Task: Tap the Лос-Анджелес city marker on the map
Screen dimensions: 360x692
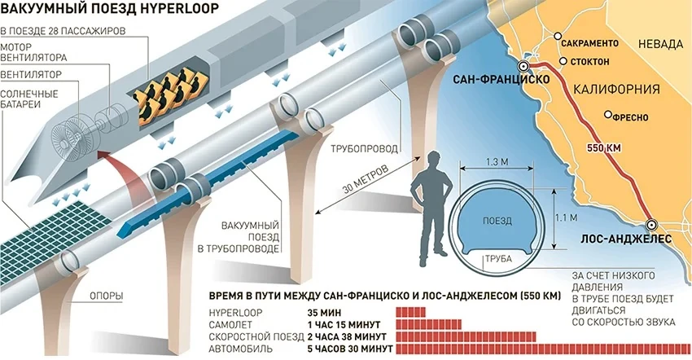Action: [x=650, y=225]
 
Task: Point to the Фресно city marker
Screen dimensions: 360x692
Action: [x=607, y=115]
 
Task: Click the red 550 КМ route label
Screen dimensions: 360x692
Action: [x=605, y=149]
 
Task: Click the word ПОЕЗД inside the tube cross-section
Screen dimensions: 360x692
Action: [x=497, y=221]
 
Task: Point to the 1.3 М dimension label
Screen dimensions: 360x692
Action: [x=497, y=160]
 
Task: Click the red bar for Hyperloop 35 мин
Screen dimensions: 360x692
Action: [x=411, y=311]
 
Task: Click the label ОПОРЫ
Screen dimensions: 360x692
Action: [x=106, y=297]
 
